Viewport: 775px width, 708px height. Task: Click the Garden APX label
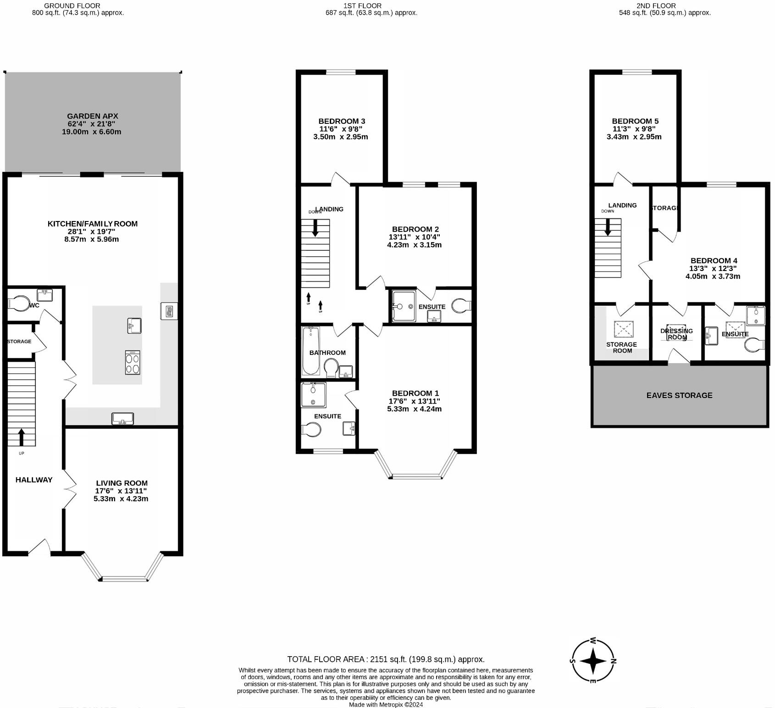[x=93, y=116]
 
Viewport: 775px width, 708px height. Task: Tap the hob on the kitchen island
[x=133, y=363]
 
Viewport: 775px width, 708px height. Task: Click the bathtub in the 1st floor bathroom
[x=310, y=351]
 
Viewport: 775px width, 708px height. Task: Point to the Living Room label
[x=122, y=483]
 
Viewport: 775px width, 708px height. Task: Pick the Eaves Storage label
[x=679, y=395]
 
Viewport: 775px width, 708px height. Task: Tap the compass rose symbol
[x=593, y=661]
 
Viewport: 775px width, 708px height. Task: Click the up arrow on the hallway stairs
[x=21, y=437]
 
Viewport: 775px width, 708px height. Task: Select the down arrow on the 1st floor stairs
[x=315, y=228]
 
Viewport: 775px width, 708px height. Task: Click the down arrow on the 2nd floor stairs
[x=608, y=227]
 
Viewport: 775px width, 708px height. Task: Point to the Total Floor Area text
[x=386, y=659]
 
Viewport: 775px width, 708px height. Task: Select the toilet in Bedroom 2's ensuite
[x=461, y=306]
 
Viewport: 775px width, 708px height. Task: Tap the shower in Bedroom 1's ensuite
[x=313, y=395]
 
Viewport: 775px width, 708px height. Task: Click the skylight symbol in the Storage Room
[x=624, y=329]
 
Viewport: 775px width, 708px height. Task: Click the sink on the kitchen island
[x=134, y=326]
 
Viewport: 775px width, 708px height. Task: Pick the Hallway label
[x=34, y=480]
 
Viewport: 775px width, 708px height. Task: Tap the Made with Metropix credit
[x=386, y=704]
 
